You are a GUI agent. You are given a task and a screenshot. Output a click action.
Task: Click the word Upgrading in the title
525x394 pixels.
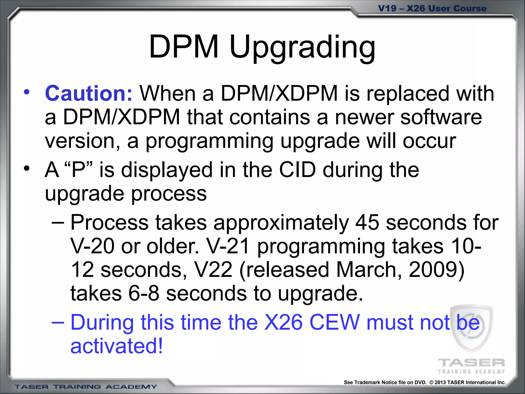pos(302,47)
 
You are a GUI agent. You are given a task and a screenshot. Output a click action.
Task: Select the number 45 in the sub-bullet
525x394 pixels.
pos(367,222)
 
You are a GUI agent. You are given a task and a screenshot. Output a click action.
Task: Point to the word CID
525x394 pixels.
pos(297,170)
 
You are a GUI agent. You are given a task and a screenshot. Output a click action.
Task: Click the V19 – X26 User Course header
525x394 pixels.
pos(432,8)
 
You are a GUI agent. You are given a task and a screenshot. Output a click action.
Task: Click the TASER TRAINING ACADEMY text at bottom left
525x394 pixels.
pos(86,387)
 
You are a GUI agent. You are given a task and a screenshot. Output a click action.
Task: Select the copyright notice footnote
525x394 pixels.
pos(425,382)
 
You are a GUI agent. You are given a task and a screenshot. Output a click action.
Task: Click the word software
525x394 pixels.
pos(441,117)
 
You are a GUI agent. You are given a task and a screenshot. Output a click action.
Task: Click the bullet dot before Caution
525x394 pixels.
pos(27,92)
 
